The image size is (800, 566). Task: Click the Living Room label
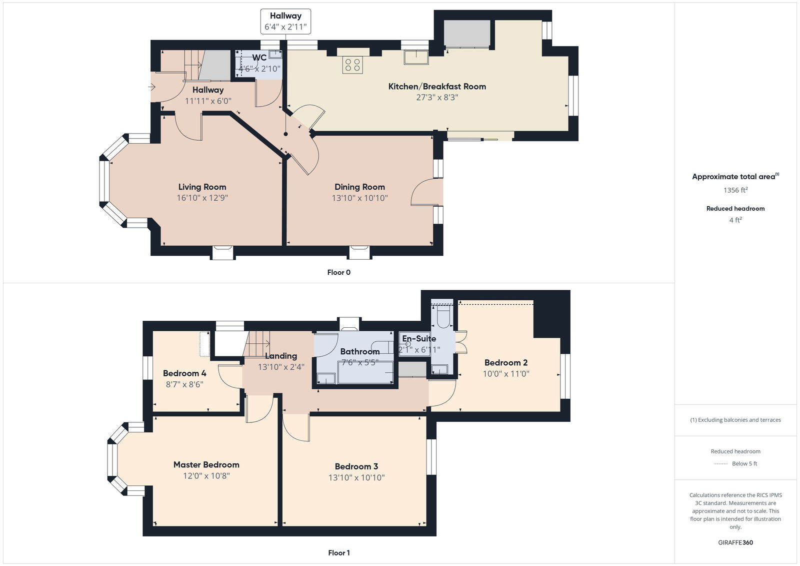202,187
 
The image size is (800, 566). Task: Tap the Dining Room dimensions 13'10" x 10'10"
359,198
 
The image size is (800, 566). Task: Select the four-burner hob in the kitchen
352,65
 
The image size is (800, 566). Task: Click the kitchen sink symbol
416,58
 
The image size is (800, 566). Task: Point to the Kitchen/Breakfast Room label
437,86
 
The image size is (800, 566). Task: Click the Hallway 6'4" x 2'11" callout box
285,21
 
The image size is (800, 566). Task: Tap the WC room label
259,58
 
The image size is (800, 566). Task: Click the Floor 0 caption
338,272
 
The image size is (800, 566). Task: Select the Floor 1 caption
338,552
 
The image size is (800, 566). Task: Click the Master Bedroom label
206,464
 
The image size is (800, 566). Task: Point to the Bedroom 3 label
356,466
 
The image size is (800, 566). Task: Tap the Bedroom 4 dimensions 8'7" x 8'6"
184,384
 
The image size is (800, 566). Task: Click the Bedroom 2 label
505,362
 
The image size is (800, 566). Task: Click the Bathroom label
359,351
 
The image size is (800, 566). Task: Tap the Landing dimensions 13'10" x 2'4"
280,367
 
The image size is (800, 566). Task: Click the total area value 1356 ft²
735,190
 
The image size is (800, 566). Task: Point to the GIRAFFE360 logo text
735,542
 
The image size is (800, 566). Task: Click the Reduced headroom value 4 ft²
735,220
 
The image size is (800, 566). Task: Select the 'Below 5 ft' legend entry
744,463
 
